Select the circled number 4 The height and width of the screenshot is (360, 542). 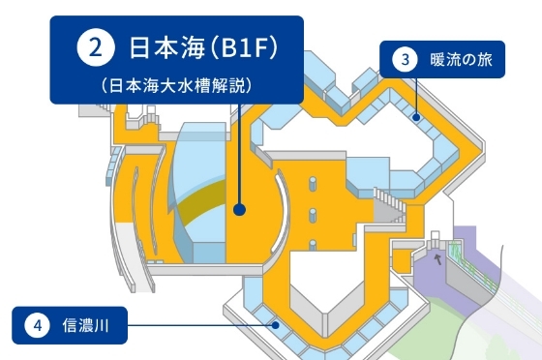pos(37,326)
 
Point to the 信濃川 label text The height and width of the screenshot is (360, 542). pos(87,326)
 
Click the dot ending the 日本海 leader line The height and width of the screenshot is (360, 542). pos(238,207)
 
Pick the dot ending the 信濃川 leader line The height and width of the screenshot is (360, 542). pos(277,325)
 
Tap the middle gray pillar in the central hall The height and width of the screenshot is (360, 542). pos(313,212)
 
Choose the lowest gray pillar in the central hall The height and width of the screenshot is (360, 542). pos(313,243)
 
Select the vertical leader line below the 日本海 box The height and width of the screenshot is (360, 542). pos(238,155)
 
